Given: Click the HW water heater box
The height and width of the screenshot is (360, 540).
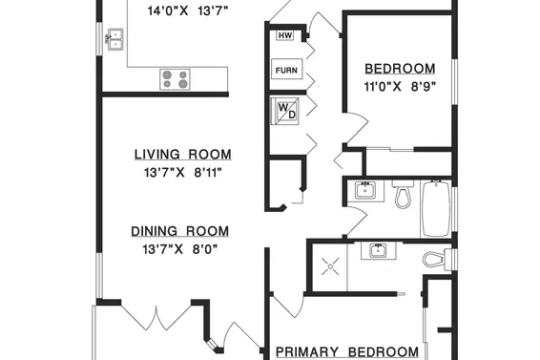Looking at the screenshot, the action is click(285, 35).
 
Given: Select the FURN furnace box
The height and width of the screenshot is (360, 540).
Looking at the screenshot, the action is click(286, 69).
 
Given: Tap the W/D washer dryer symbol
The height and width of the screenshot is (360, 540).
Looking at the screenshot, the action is click(285, 111).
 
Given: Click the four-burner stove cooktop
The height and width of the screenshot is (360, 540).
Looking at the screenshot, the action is click(175, 79).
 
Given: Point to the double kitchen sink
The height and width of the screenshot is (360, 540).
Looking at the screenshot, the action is click(115, 39).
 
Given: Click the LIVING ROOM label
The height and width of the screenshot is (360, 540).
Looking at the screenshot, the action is click(182, 154).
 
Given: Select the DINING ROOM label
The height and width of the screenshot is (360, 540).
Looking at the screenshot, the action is click(179, 231).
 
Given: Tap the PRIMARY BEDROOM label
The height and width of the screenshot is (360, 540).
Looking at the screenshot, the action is click(347, 352).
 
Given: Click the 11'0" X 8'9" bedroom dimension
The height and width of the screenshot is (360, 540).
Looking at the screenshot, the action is click(400, 87).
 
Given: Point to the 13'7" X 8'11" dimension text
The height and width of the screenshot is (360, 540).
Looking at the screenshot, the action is click(182, 172).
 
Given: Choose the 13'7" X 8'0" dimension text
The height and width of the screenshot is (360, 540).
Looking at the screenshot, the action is click(179, 248).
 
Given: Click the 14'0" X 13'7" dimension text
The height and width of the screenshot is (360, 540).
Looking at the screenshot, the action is click(188, 11).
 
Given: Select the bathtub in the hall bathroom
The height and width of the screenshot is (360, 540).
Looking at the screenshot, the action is click(436, 208).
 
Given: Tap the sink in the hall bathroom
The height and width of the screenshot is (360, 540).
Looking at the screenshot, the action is click(365, 190).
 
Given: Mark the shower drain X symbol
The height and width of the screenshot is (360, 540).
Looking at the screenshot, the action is click(330, 266).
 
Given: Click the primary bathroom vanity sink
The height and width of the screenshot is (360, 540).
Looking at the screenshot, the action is click(379, 251).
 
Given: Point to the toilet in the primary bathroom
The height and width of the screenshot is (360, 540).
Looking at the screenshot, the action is click(437, 260).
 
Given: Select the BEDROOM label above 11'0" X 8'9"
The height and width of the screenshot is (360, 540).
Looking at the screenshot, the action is click(400, 69).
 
